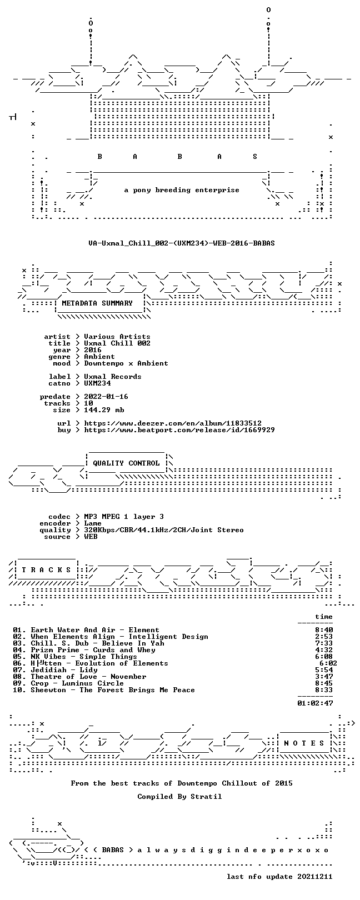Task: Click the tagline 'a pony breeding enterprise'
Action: point(182,190)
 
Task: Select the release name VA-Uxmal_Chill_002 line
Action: point(182,243)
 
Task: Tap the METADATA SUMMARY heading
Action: point(97,303)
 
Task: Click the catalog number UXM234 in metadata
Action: point(97,383)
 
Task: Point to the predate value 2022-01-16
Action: point(106,397)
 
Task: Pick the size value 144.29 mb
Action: point(104,410)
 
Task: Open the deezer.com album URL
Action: point(173,423)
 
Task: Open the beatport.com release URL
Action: point(179,430)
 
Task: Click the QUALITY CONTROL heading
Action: point(126,463)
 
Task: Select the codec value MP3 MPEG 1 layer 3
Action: point(124,517)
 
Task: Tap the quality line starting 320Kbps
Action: point(164,530)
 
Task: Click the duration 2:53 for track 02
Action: point(324,637)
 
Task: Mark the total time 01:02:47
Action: point(315,703)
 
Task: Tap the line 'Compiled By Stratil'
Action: point(179,796)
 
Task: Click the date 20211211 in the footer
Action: point(315,876)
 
